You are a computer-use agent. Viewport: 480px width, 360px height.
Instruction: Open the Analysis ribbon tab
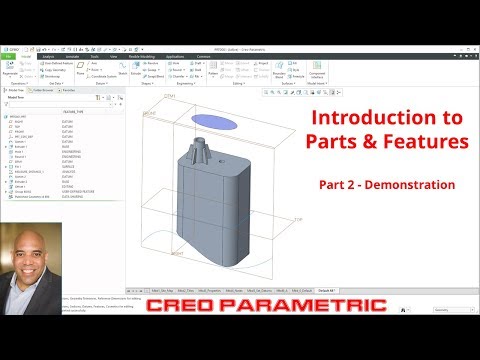[48, 57]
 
